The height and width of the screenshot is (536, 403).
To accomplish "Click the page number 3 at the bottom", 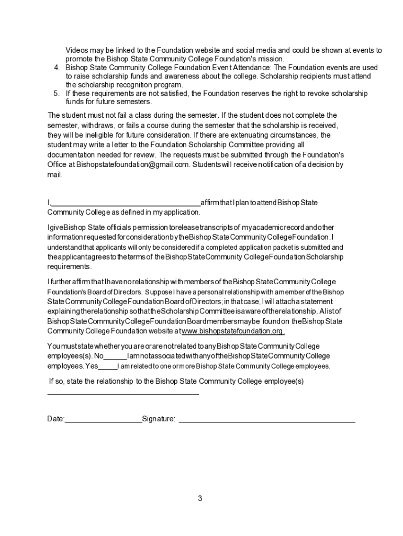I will (x=200, y=498).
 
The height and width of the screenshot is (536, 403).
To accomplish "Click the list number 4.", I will (x=57, y=68).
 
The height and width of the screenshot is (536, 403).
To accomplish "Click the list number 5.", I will (x=57, y=93).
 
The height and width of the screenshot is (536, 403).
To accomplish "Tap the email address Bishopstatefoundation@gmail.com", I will (x=133, y=165).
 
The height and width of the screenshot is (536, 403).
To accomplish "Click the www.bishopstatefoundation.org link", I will (x=233, y=331).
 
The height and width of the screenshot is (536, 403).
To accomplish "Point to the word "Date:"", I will (x=56, y=419).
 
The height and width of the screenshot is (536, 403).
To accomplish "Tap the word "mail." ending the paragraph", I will (x=55, y=175).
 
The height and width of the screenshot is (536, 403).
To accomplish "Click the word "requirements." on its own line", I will (x=70, y=266).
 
